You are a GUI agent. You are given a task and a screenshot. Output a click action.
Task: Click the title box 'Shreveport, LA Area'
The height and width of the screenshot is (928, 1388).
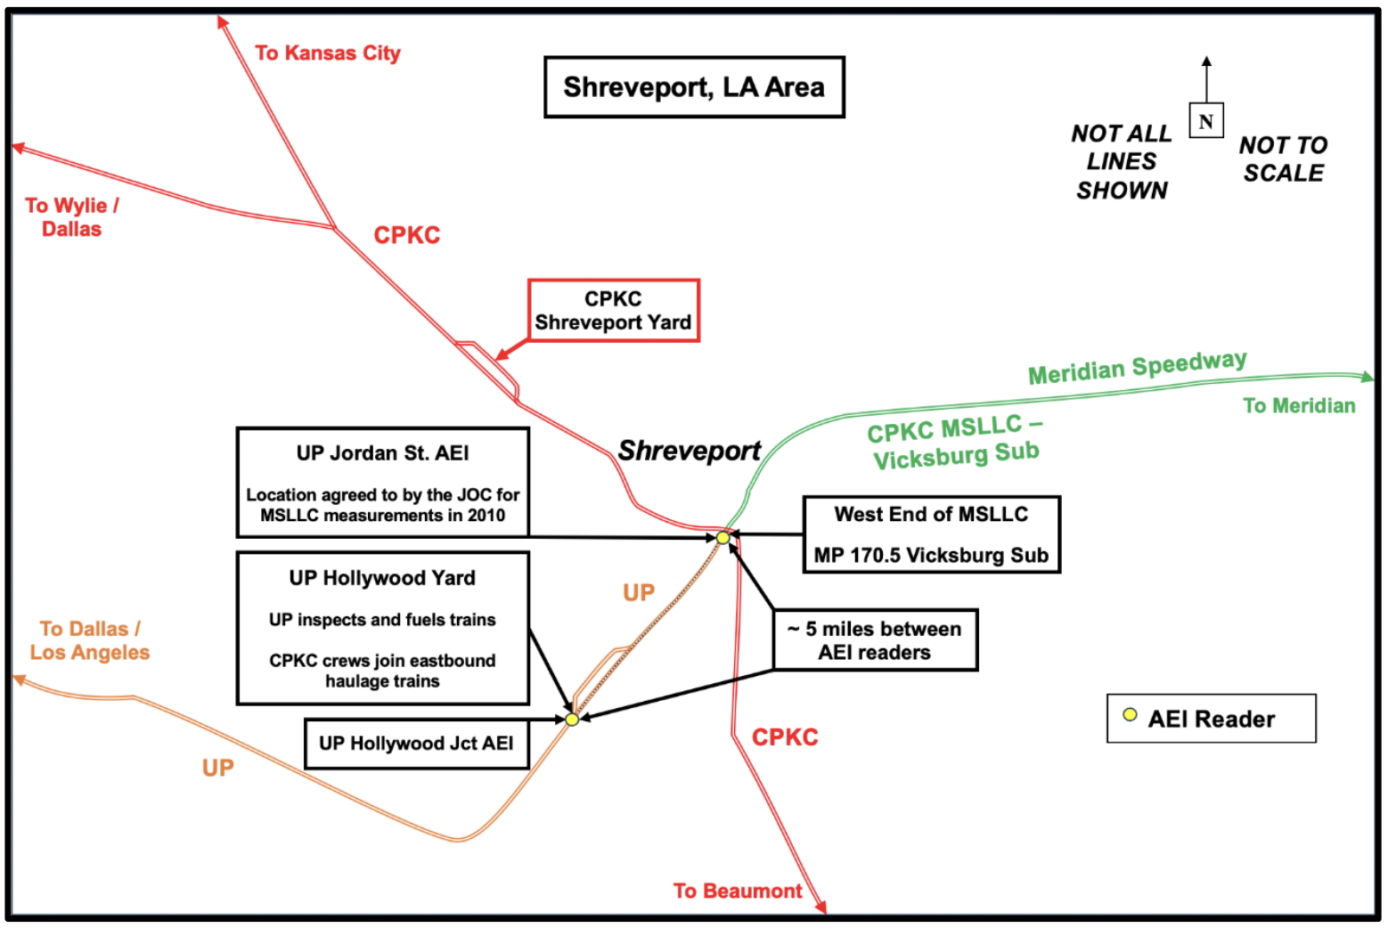pos(694,87)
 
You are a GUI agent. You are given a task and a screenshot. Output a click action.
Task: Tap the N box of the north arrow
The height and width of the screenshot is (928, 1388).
pos(1205,120)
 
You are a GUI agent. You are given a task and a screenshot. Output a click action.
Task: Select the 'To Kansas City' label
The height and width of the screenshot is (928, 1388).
pos(327,53)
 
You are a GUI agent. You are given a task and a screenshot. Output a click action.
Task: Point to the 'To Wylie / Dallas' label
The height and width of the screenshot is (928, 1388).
pos(71,217)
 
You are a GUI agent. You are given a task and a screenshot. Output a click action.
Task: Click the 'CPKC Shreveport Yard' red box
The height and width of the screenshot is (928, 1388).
pos(613,311)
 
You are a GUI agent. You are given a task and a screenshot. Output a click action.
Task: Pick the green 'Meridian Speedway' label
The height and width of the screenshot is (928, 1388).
pos(1137,367)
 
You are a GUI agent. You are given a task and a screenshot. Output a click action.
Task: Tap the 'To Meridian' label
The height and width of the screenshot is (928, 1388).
pos(1299,406)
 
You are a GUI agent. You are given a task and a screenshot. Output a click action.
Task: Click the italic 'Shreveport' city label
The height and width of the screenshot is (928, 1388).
pos(689,451)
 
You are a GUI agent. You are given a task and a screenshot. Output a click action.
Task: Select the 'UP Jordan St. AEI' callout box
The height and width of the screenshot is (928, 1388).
pos(383,483)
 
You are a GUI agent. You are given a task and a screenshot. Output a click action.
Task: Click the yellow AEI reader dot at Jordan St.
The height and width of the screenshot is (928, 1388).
pos(723,538)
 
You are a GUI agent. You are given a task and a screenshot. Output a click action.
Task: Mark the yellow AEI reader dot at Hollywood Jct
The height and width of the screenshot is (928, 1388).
pos(572,719)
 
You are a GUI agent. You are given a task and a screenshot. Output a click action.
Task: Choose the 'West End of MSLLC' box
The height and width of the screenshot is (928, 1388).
pos(931,534)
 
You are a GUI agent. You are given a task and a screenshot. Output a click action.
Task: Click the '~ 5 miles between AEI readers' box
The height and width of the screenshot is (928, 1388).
pos(875,640)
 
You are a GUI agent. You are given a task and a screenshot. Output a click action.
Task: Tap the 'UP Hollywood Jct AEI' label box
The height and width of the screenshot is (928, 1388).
pos(416,744)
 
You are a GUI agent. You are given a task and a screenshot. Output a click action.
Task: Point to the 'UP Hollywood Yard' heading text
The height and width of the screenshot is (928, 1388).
pos(382,578)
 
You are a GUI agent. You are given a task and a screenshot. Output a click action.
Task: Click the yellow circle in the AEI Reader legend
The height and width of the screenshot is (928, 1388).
pos(1130,715)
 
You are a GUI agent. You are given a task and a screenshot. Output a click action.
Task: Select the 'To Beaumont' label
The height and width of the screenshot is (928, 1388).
pos(738,891)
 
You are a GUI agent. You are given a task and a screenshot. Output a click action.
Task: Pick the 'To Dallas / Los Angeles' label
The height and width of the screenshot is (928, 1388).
pos(90,640)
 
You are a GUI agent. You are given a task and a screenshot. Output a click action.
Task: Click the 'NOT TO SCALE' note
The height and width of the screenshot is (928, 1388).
pos(1283,159)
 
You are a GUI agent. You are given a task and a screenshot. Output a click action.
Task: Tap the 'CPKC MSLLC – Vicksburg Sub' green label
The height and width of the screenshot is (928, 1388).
pos(954,442)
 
